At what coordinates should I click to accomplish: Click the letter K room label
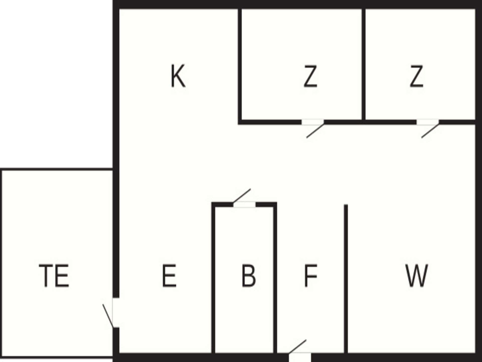point(178,76)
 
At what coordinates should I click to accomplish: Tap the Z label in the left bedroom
point(310,76)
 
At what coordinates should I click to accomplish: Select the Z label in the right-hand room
point(416,76)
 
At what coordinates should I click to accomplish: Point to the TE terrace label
point(54,276)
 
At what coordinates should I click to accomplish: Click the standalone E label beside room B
point(169,276)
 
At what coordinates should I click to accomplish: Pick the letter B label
point(249,276)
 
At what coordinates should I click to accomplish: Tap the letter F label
point(311,276)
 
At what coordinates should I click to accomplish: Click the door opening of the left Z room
point(313,122)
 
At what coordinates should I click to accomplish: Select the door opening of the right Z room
point(428,122)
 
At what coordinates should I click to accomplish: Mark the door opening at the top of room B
point(245,205)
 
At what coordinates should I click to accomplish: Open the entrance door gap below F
point(300,357)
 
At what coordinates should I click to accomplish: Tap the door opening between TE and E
point(116,312)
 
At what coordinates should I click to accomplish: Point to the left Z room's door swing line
point(315,131)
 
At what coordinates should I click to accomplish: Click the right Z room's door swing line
point(430,131)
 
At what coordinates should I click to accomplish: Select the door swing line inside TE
point(108,316)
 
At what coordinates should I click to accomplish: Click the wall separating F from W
point(346,279)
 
